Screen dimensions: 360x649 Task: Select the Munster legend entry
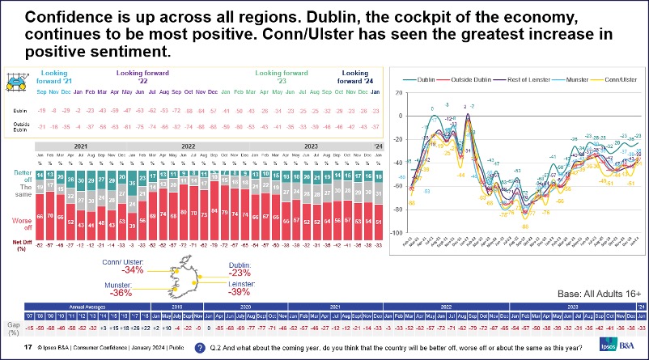pyautogui.click(x=564, y=79)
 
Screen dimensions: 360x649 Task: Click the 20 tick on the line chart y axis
pyautogui.click(x=398, y=93)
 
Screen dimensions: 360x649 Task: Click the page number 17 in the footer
pyautogui.click(x=28, y=348)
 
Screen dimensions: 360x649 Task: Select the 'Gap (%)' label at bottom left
pyautogui.click(x=13, y=328)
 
